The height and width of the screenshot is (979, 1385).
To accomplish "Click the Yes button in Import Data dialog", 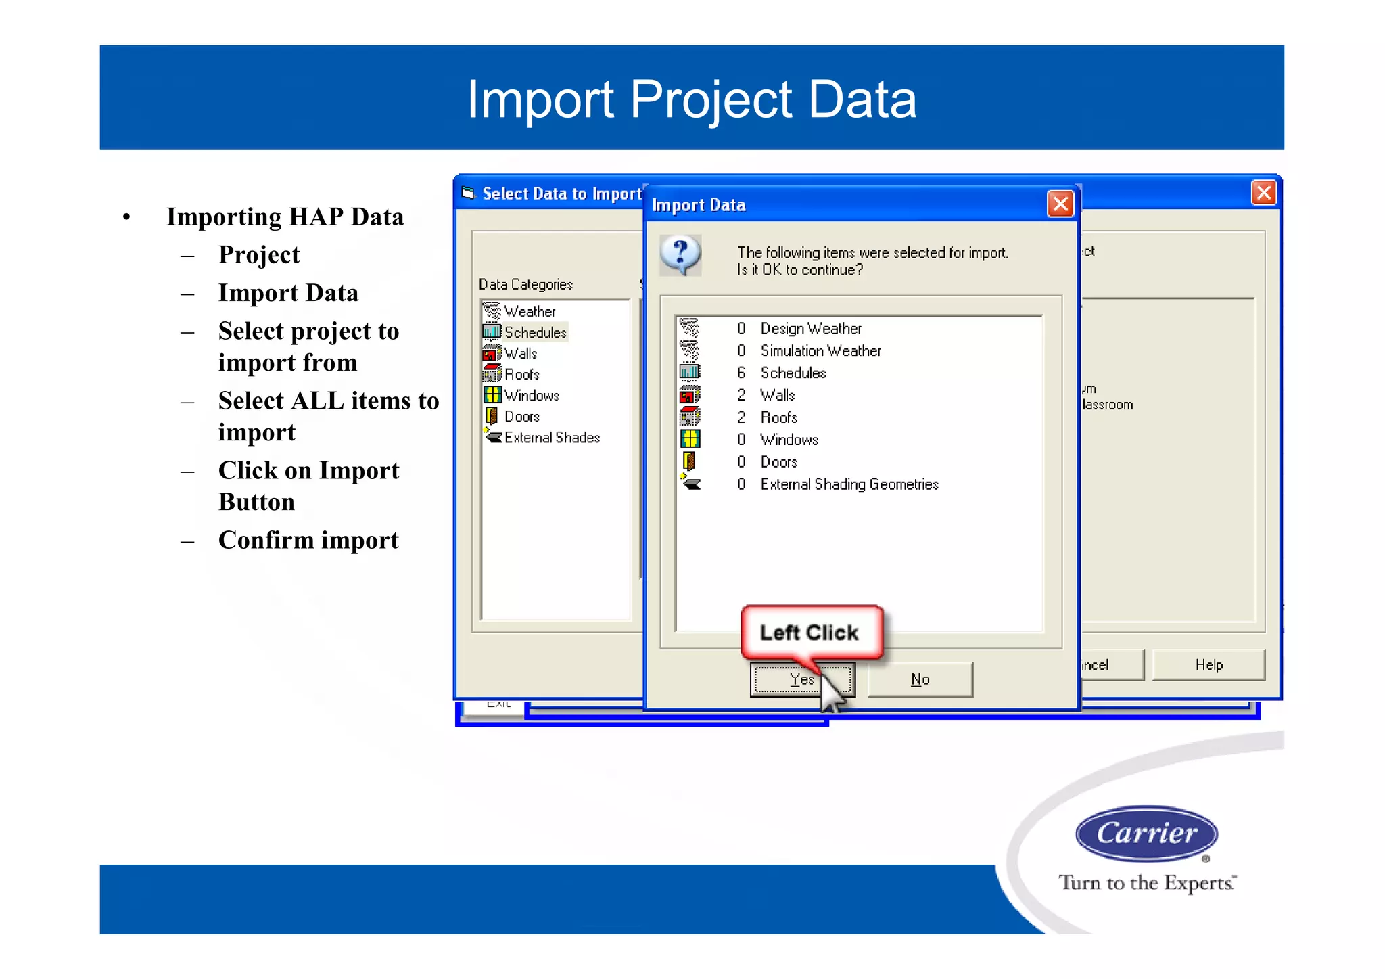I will click(802, 679).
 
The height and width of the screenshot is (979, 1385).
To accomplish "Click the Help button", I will click(1208, 665).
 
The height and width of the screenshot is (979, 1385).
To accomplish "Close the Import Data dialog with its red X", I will click(1060, 204).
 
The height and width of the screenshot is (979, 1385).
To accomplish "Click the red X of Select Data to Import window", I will click(1263, 193).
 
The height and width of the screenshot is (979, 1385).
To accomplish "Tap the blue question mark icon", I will click(681, 255).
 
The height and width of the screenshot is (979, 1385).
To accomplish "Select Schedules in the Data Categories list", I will click(535, 333).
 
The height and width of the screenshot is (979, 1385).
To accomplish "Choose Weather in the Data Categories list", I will click(530, 312).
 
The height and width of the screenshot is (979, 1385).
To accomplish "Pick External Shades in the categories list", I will click(552, 438).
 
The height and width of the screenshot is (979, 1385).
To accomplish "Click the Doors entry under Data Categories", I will click(521, 417).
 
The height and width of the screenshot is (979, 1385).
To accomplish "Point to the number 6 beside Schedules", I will click(741, 373).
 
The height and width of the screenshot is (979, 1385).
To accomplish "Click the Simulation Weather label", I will click(820, 351).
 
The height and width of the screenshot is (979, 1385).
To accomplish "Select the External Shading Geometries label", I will click(849, 484).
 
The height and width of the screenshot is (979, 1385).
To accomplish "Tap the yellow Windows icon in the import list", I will click(690, 439).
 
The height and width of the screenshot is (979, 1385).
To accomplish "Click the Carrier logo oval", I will click(1146, 833).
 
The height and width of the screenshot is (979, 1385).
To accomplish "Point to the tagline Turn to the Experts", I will click(1147, 883).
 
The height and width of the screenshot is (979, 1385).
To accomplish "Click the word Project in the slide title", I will click(711, 99).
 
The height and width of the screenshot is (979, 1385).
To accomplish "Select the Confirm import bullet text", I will click(308, 541).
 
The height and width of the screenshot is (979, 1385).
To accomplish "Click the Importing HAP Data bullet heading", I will click(285, 217).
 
